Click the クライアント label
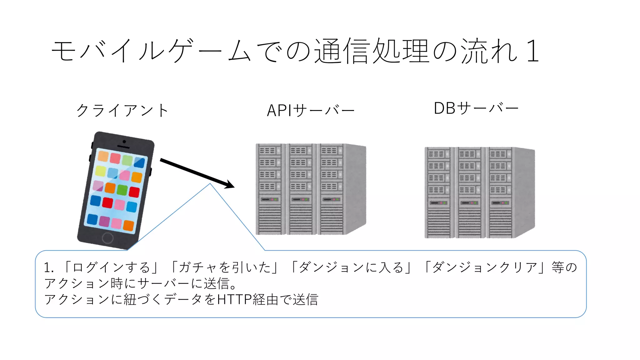click(x=122, y=110)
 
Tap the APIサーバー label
click(x=311, y=110)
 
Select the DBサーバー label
click(x=476, y=108)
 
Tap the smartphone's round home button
click(x=107, y=238)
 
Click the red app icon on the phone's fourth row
click(x=107, y=203)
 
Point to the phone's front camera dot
click(x=124, y=142)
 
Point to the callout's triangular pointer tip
click(x=210, y=184)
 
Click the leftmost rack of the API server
click(x=271, y=189)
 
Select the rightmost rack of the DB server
click(x=500, y=192)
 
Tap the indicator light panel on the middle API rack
click(x=300, y=199)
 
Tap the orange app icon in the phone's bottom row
click(x=128, y=225)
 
